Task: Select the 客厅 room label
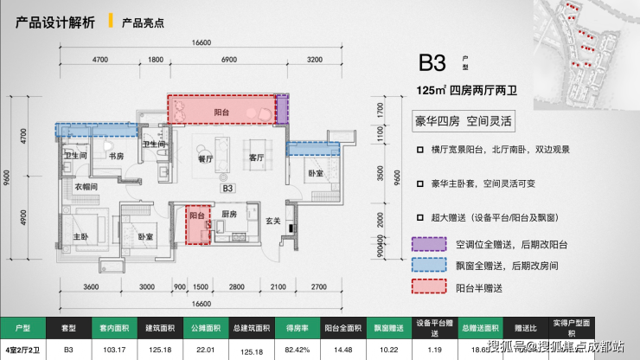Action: (255, 158)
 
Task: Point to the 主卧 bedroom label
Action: (80, 236)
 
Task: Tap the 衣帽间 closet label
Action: (84, 186)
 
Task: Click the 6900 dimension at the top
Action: (229, 59)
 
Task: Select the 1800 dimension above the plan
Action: (156, 59)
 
